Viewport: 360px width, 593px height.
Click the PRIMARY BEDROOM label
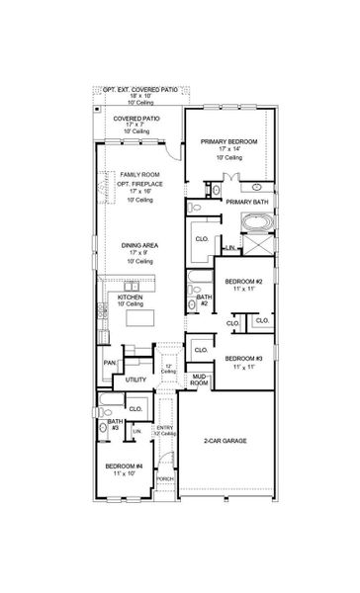coord(228,142)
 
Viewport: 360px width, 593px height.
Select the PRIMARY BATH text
coord(246,202)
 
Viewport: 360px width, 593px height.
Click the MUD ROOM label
coord(198,380)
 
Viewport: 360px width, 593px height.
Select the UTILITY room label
coord(136,380)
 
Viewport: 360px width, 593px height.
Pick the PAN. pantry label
coord(109,362)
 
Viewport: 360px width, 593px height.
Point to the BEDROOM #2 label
coord(242,282)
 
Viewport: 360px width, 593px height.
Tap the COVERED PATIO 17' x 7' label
coord(136,118)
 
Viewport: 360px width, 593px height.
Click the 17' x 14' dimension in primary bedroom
coord(228,150)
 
